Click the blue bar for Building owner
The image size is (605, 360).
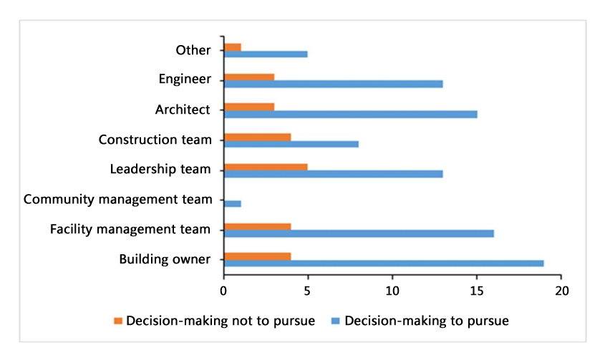[x=383, y=263]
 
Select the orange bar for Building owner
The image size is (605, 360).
[x=257, y=256]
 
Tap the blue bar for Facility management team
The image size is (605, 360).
[x=358, y=233]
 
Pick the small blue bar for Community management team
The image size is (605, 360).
[x=232, y=203]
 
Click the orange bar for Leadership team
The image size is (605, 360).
[x=266, y=166]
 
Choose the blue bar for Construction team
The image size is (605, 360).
[x=291, y=143]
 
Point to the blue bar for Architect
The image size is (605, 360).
[x=350, y=114]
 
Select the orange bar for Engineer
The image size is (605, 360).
[x=248, y=77]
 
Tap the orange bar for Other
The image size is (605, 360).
[x=232, y=47]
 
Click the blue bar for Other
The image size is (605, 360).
[x=266, y=54]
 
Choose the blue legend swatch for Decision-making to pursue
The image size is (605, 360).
[x=336, y=321]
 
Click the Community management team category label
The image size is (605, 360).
[x=118, y=199]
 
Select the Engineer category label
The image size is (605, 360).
[x=185, y=79]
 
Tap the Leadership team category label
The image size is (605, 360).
[x=160, y=169]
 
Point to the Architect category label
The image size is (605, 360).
[x=183, y=110]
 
